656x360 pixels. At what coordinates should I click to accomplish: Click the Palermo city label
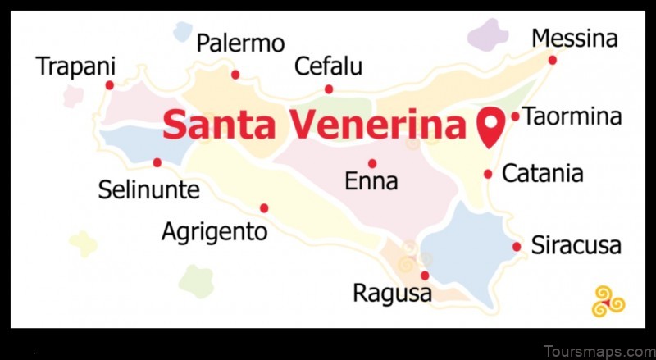(x=240, y=43)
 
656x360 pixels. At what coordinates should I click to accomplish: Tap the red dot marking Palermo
(x=235, y=75)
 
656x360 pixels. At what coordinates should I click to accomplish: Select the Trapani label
(x=76, y=66)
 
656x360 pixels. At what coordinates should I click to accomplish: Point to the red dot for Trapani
(x=109, y=84)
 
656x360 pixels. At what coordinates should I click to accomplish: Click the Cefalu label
(x=329, y=66)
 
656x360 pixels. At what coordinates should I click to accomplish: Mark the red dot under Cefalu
(x=329, y=89)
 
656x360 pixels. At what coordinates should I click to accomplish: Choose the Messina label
(x=574, y=39)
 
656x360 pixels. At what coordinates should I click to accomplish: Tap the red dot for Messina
(x=553, y=60)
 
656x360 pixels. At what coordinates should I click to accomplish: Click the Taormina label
(x=572, y=117)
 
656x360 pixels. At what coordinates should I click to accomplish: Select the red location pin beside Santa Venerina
(x=490, y=126)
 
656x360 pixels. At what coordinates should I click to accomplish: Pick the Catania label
(x=542, y=174)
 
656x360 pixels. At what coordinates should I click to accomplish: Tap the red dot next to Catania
(x=488, y=174)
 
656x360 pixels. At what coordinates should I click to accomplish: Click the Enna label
(x=371, y=181)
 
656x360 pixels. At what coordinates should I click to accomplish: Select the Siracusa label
(x=576, y=245)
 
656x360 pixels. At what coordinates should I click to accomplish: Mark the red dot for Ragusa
(x=425, y=276)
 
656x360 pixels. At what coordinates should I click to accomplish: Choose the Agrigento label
(x=214, y=231)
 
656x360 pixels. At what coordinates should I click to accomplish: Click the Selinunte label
(x=148, y=190)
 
